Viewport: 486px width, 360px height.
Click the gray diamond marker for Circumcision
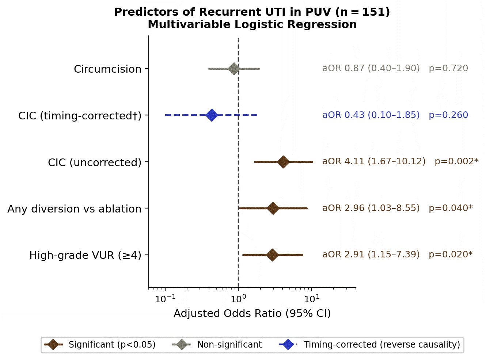click(x=234, y=69)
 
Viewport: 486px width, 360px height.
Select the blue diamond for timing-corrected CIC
click(x=212, y=115)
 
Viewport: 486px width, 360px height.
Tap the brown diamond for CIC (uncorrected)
click(x=283, y=162)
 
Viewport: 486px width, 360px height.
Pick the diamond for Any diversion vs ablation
click(x=273, y=208)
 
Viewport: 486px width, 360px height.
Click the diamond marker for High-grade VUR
click(x=272, y=255)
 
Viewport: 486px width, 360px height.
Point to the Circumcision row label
click(x=107, y=69)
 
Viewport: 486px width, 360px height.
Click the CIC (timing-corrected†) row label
click(x=80, y=116)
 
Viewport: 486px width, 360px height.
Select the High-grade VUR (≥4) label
click(x=86, y=255)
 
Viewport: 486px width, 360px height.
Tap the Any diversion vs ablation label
click(x=74, y=209)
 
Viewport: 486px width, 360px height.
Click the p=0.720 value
click(x=448, y=68)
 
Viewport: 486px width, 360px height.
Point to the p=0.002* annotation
click(x=457, y=161)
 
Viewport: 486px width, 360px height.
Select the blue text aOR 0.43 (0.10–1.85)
click(x=371, y=115)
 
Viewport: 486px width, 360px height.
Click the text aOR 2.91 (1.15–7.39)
click(x=371, y=254)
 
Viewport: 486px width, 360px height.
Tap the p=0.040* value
click(x=451, y=208)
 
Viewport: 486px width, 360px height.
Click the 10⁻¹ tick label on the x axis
click(x=166, y=298)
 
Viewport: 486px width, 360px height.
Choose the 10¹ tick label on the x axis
click(x=312, y=298)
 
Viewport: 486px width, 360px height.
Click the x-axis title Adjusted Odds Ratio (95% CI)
click(x=252, y=313)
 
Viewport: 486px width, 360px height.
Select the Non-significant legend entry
click(x=217, y=344)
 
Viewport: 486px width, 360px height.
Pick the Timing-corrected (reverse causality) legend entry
click(x=370, y=344)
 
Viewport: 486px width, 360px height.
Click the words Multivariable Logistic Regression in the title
click(x=252, y=24)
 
